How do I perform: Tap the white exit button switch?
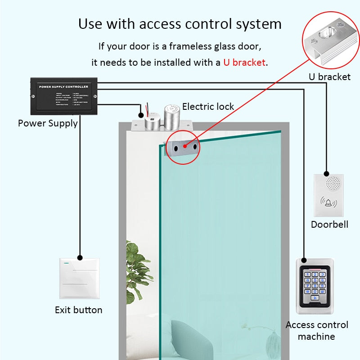click(x=80, y=278)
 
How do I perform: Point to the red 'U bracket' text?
click(x=244, y=62)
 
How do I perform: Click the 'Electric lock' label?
click(x=208, y=107)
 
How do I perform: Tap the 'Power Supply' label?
click(x=48, y=123)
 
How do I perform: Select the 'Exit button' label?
click(x=78, y=310)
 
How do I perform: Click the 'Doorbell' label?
click(x=329, y=224)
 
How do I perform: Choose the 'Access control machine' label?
click(x=317, y=330)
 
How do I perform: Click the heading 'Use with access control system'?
click(x=180, y=23)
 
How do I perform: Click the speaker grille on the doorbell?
click(x=333, y=182)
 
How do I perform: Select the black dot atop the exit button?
click(x=80, y=258)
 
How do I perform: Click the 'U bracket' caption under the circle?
click(x=329, y=76)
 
